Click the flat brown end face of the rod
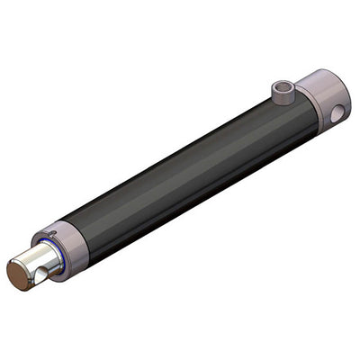click(x=20, y=274)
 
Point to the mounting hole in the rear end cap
click(x=337, y=113)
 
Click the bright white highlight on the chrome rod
click(x=36, y=253)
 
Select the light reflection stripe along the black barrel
click(x=180, y=157)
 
